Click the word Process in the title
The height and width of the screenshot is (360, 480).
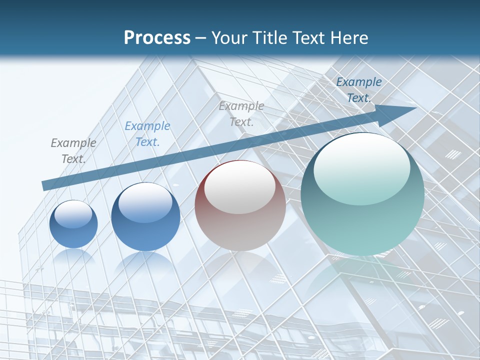[157, 37]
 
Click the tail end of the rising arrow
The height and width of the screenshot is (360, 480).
[46, 185]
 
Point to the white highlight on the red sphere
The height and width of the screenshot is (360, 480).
[239, 187]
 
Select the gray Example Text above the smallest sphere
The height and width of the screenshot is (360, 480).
[73, 150]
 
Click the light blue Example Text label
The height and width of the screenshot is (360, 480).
[147, 133]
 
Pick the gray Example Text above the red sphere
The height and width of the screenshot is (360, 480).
[241, 113]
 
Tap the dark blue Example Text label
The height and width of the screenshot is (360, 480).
[359, 89]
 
